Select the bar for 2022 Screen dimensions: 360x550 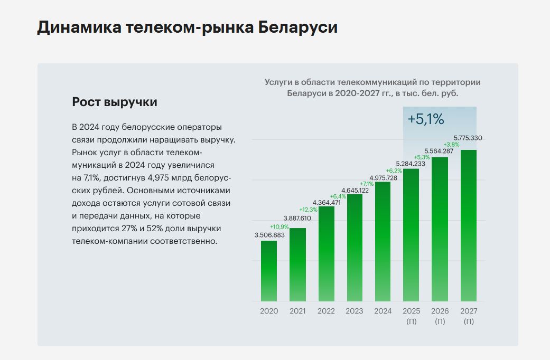point(326,253)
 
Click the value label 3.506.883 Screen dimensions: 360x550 point(269,235)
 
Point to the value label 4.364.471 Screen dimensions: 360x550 point(326,203)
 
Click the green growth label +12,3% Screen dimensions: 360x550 point(309,210)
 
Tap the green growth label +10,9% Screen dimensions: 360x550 point(279,226)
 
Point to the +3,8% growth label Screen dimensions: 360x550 point(452,145)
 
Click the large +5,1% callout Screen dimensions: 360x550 point(426,119)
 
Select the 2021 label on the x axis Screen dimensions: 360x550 point(297,311)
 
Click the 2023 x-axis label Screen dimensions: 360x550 point(355,311)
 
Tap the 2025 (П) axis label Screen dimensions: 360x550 point(412,316)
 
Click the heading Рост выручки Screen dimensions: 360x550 point(115,102)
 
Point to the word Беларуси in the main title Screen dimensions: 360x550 point(298,27)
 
